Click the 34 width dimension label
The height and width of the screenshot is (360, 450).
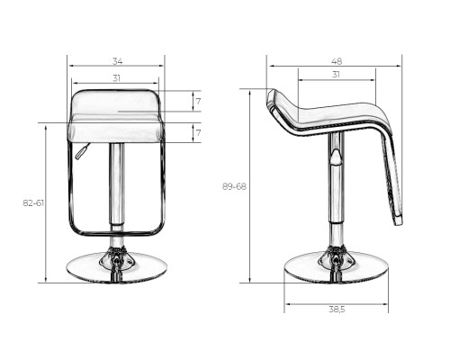117,61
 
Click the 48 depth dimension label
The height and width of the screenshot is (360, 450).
337,61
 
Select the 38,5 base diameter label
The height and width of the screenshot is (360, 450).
337,310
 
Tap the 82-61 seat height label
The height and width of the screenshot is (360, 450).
33,203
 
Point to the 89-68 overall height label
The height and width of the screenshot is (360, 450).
234,186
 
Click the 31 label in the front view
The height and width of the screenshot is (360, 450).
116,78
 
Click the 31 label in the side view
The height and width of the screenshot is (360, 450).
336,74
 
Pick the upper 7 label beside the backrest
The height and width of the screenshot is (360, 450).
198,102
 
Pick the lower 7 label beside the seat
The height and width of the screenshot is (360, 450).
198,132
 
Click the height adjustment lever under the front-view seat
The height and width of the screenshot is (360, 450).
83,151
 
